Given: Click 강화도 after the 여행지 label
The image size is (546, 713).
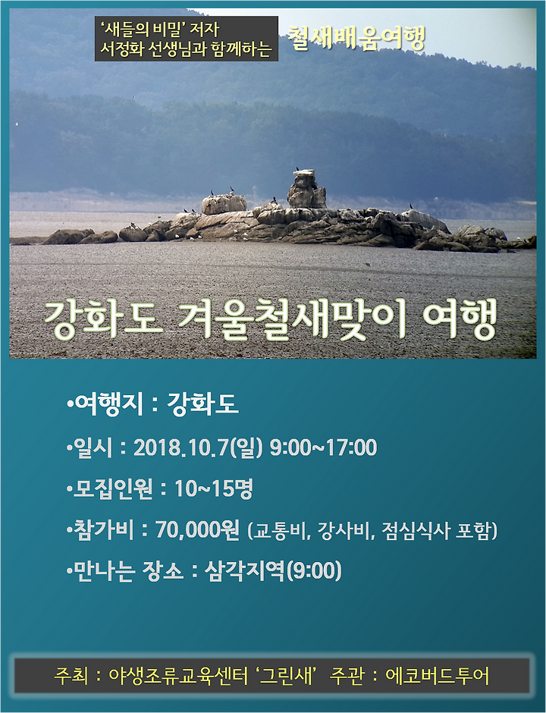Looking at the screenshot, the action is click(x=202, y=404).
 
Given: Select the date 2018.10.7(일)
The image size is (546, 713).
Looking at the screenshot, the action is click(x=198, y=448).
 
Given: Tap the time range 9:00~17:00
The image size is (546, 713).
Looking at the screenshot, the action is click(x=323, y=448).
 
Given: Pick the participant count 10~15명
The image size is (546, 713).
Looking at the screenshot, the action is click(x=214, y=488).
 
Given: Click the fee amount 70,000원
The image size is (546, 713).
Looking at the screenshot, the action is click(x=197, y=529).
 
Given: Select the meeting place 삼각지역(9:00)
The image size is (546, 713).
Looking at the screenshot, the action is click(x=273, y=570).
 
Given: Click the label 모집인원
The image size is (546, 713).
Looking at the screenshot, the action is click(x=113, y=489).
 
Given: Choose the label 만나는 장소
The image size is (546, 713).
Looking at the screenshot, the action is click(x=128, y=570).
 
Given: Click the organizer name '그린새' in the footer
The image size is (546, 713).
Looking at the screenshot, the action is click(x=287, y=676).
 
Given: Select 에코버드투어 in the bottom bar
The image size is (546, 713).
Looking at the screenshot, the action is click(x=438, y=676).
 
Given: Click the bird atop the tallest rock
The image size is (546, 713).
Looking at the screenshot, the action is click(x=297, y=169).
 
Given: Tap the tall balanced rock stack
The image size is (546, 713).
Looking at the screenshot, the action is click(x=306, y=189).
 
